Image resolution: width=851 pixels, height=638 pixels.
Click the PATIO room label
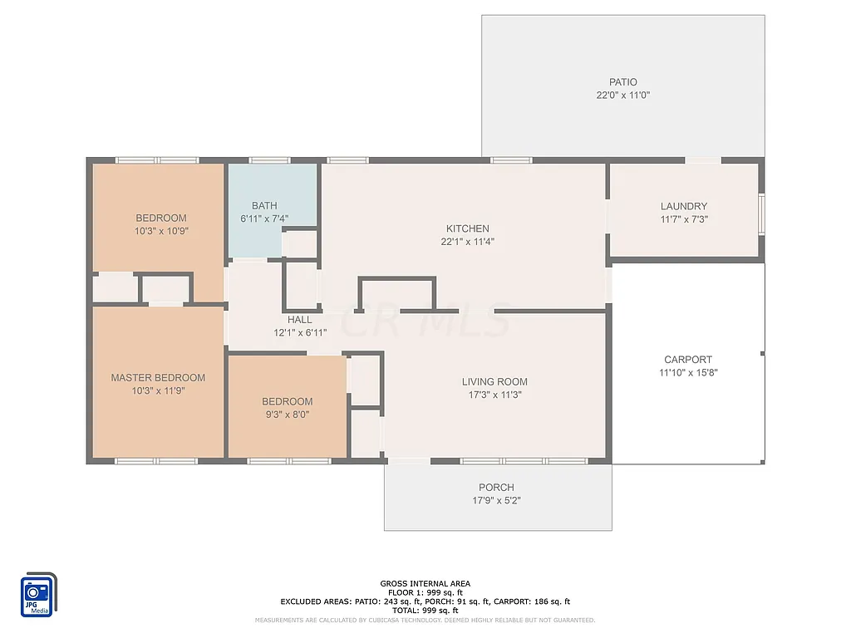point(622,82)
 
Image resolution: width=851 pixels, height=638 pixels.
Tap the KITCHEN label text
point(467,228)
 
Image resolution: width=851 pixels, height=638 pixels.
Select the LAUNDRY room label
point(683,206)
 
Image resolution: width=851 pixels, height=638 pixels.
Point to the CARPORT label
point(688,360)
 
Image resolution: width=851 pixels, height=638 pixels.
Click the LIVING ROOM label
point(494,382)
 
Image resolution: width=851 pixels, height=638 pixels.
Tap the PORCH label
point(496,488)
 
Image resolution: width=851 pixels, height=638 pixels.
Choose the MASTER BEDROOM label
point(158,378)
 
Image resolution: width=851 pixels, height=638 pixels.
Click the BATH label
point(264,206)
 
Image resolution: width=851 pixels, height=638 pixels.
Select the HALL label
point(300,320)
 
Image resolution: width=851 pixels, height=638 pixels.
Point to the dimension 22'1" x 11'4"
point(467,242)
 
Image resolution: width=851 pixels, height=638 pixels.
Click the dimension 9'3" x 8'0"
point(287,415)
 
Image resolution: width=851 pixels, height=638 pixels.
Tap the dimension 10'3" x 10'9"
point(161,232)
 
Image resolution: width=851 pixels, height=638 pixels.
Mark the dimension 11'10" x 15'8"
point(688,373)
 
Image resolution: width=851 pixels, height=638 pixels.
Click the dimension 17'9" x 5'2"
point(496,501)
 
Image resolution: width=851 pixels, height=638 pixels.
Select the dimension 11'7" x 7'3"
point(683,219)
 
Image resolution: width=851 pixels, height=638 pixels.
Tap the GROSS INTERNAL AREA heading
point(425,584)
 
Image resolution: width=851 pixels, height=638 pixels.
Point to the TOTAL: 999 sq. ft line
point(425,610)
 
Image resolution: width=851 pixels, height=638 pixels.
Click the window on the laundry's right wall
point(761,210)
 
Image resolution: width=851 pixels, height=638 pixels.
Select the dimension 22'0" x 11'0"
point(622,96)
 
